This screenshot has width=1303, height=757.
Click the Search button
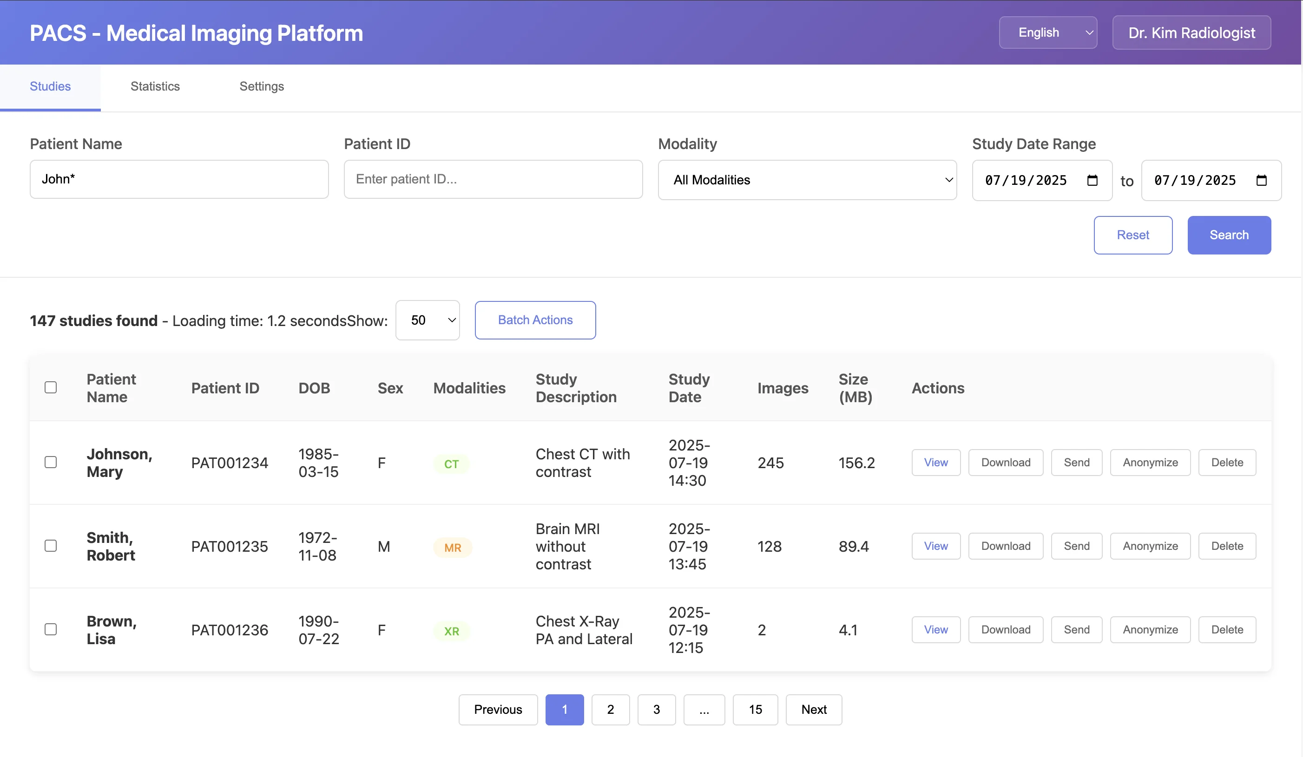[x=1229, y=235]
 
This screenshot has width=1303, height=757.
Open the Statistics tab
[x=155, y=86]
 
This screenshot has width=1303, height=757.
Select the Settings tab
[x=262, y=86]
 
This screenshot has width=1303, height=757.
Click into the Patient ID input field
[x=493, y=179]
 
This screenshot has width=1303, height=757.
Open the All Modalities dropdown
[x=807, y=180]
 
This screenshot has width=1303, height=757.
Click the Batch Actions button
[x=535, y=320]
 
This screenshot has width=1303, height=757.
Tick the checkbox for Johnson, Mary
[x=51, y=462]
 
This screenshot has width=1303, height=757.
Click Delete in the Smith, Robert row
[x=1226, y=546]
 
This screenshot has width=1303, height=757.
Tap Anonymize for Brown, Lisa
[x=1150, y=629]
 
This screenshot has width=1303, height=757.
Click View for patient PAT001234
[x=935, y=463]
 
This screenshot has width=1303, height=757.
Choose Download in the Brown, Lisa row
[x=1005, y=629]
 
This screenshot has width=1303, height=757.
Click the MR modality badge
[x=453, y=548]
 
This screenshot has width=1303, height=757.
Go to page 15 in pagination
[x=755, y=710]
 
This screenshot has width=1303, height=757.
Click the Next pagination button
[x=813, y=710]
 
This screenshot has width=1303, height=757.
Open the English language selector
[x=1047, y=33]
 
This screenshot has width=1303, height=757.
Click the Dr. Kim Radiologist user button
[x=1191, y=33]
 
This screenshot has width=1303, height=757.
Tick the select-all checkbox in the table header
[x=51, y=387]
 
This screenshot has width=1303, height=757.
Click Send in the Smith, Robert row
[x=1076, y=546]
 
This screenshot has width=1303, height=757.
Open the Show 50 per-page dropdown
[x=427, y=320]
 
